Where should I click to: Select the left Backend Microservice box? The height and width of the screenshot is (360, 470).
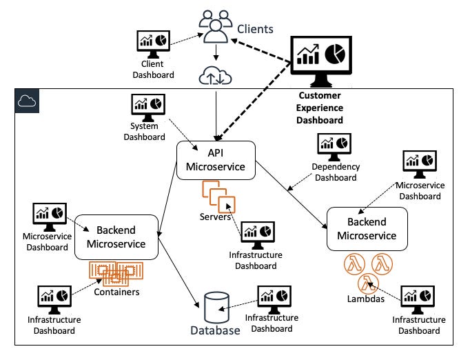click(116, 237)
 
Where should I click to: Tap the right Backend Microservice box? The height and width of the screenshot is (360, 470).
click(367, 228)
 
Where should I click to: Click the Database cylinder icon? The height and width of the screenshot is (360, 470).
click(216, 306)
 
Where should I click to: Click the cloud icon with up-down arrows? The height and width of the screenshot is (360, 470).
click(216, 74)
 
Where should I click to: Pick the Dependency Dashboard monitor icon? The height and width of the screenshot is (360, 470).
click(334, 146)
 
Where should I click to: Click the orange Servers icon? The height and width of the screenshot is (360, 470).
click(218, 196)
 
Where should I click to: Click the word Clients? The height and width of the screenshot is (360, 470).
click(255, 30)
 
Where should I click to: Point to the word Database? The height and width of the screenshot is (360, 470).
click(216, 330)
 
